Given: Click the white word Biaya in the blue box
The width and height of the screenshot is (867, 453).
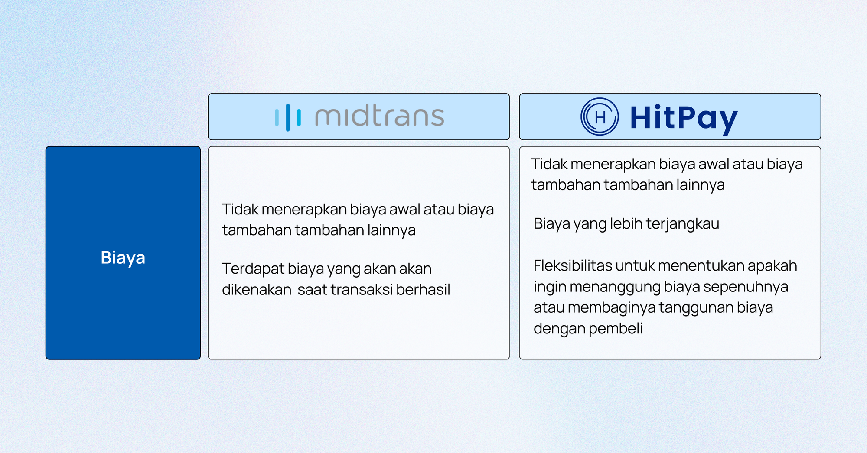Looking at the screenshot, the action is pos(123,258).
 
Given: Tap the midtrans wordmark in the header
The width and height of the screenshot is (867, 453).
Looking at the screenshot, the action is pos(380,116).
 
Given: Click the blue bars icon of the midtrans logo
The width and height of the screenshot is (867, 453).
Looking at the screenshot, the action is pos(288,117).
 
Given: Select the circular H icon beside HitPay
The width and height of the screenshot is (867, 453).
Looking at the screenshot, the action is pos(600,116).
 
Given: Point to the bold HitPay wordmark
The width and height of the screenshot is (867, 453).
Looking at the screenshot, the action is pos(684,118).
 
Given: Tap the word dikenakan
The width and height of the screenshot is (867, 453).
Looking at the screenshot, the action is pos(257,289).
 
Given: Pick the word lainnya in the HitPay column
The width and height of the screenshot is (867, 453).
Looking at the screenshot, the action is pos(701,185).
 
